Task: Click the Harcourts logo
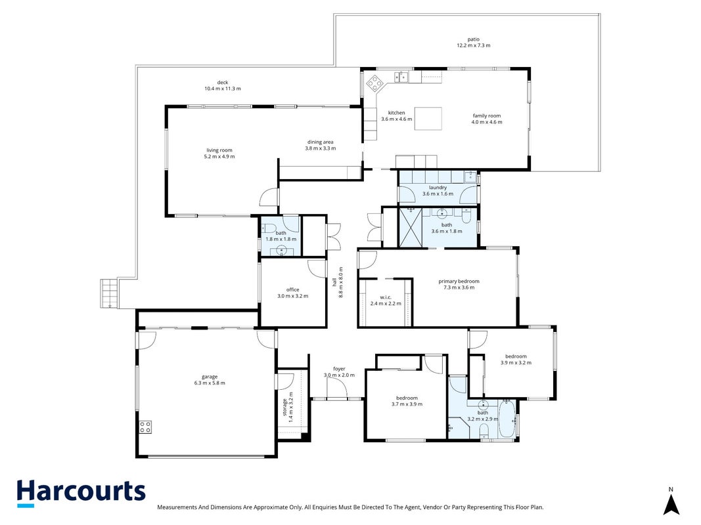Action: point(81,493)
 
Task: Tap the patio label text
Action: point(474,39)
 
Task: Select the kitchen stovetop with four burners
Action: point(374,83)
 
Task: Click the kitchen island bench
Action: point(428,119)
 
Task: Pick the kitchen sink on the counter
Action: point(401,77)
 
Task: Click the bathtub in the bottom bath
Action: point(507,419)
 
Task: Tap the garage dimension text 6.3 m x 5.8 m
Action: point(210,383)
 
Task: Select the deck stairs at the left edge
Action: point(109,293)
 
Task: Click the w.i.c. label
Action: point(386,297)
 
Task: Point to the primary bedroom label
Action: point(459,282)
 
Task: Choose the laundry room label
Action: point(438,188)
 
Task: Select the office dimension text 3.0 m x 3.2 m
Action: point(293,296)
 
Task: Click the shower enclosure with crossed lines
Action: point(410,227)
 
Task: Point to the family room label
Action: point(487,116)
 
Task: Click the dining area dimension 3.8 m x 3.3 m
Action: point(321,148)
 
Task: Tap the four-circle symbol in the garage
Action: point(145,427)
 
